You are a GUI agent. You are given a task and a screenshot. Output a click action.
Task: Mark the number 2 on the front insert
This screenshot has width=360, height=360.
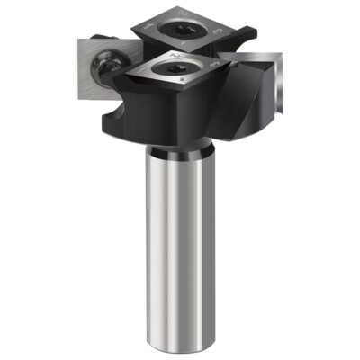[x=176, y=53]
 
